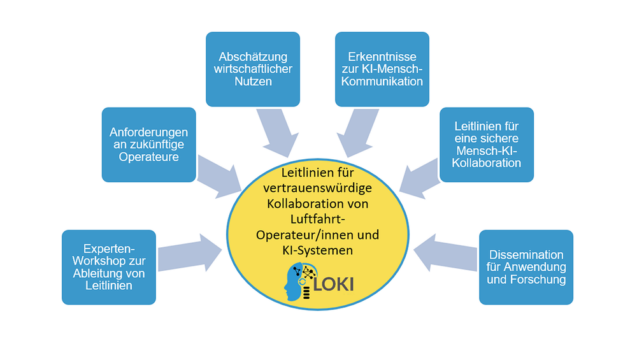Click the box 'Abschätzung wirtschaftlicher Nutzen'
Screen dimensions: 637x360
point(253,69)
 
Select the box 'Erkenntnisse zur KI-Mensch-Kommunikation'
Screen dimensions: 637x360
point(382,69)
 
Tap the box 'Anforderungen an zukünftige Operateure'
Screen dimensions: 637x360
point(148,145)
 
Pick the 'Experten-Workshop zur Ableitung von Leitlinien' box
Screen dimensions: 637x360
point(109,268)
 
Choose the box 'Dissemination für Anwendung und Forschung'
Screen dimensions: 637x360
point(526,268)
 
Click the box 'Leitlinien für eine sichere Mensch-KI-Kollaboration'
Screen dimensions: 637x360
point(487,145)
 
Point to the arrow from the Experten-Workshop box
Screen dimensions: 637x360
point(189,253)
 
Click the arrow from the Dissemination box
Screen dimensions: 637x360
point(445,253)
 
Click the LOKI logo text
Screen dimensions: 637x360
point(333,284)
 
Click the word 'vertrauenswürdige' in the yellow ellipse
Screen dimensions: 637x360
point(318,188)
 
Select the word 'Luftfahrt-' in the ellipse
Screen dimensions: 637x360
point(318,219)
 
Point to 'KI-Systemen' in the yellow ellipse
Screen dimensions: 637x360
point(318,250)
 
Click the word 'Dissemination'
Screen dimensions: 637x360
point(526,255)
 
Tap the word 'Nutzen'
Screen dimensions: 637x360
point(253,82)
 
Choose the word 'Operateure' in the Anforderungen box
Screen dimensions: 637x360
point(148,157)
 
